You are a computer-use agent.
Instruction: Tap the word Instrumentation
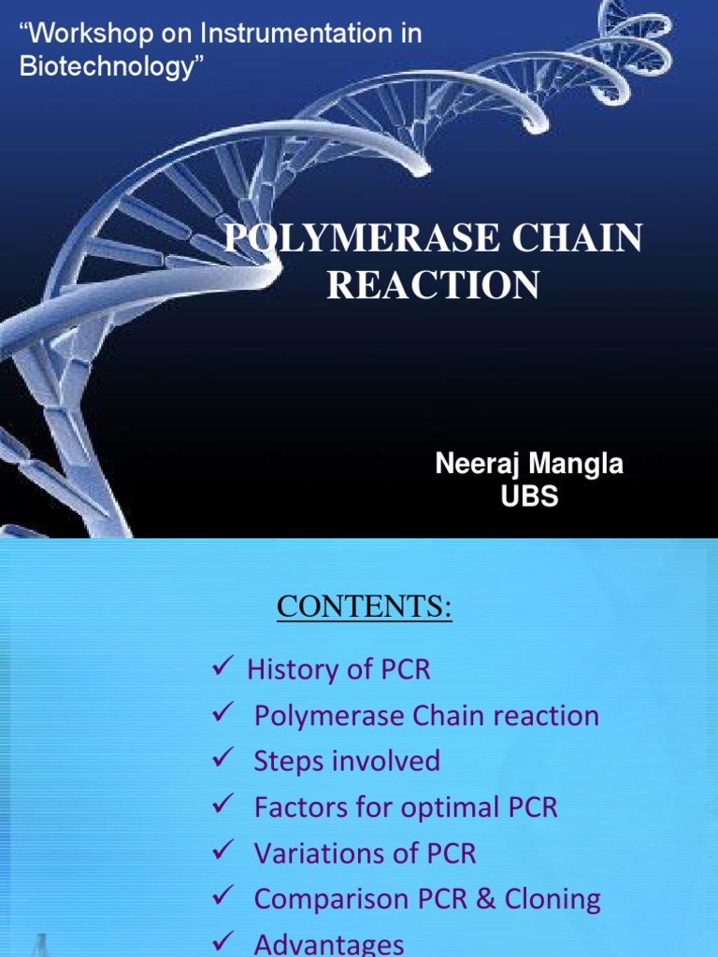(x=275, y=35)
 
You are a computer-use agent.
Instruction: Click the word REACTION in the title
(x=433, y=284)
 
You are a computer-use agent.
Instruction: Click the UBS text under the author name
(x=529, y=496)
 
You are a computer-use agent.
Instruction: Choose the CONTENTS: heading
(x=364, y=608)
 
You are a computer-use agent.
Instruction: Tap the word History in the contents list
(x=291, y=669)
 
